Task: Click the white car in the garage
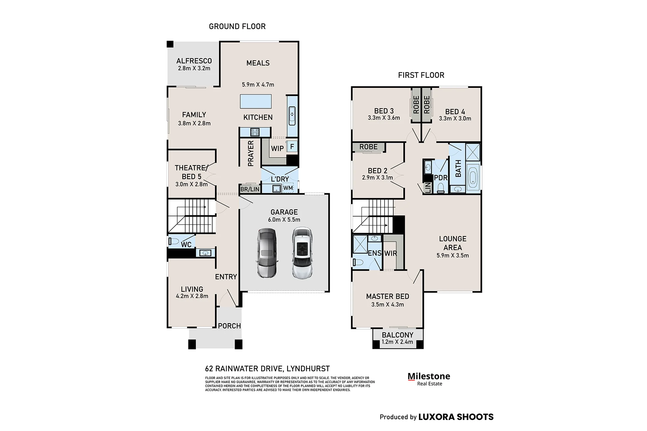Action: (x=302, y=253)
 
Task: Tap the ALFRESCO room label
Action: (x=194, y=61)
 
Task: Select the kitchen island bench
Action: (x=256, y=101)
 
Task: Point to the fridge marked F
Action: (x=292, y=146)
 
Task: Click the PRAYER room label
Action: (x=251, y=154)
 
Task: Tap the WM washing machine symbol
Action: (x=288, y=188)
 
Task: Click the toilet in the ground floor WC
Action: (x=174, y=241)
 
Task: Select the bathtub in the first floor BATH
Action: (x=473, y=178)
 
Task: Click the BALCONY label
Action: (x=398, y=335)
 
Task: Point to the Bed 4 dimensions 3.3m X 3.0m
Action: (x=455, y=119)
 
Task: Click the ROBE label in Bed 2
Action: (x=368, y=147)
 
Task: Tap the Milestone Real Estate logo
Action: (x=429, y=379)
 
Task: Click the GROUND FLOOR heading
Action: (x=237, y=26)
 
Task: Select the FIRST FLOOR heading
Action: (x=421, y=75)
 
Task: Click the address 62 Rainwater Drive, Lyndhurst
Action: (x=268, y=369)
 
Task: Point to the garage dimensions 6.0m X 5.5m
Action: (x=284, y=220)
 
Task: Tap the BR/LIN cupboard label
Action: (x=250, y=189)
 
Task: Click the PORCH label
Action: (x=229, y=326)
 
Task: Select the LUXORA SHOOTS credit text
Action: (x=456, y=417)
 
